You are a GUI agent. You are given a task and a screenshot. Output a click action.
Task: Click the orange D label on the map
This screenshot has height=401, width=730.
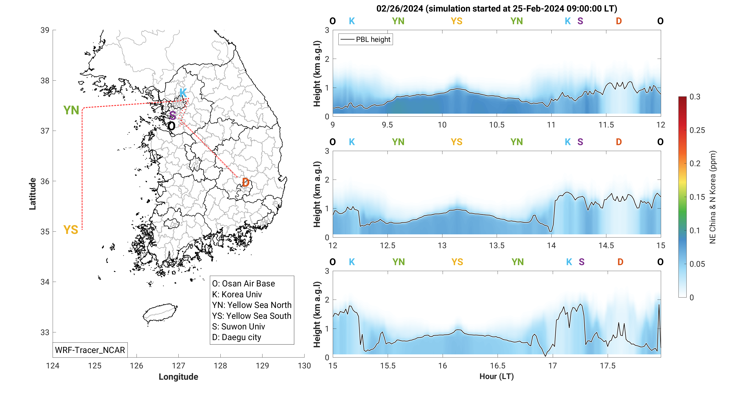pyautogui.click(x=246, y=182)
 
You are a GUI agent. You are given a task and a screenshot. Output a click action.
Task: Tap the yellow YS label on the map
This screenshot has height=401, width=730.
pyautogui.click(x=71, y=230)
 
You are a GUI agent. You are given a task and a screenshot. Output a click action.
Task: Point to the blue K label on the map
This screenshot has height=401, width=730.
pyautogui.click(x=183, y=93)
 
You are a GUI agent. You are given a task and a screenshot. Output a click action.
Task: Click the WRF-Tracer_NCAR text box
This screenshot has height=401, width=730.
pyautogui.click(x=90, y=350)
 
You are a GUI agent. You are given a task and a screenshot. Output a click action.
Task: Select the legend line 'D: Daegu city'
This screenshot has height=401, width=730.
pyautogui.click(x=237, y=337)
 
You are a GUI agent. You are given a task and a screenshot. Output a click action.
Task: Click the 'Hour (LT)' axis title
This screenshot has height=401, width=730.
pyautogui.click(x=496, y=376)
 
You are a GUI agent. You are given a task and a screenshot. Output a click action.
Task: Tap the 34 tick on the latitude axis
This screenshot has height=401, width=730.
pyautogui.click(x=45, y=282)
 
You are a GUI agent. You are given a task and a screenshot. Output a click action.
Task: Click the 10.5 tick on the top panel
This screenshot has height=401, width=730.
pyautogui.click(x=496, y=125)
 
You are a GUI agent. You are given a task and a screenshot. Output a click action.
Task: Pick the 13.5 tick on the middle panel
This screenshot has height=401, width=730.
pyautogui.click(x=496, y=245)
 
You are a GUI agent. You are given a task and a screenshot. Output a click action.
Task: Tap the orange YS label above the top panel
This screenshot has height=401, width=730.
pyautogui.click(x=456, y=21)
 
